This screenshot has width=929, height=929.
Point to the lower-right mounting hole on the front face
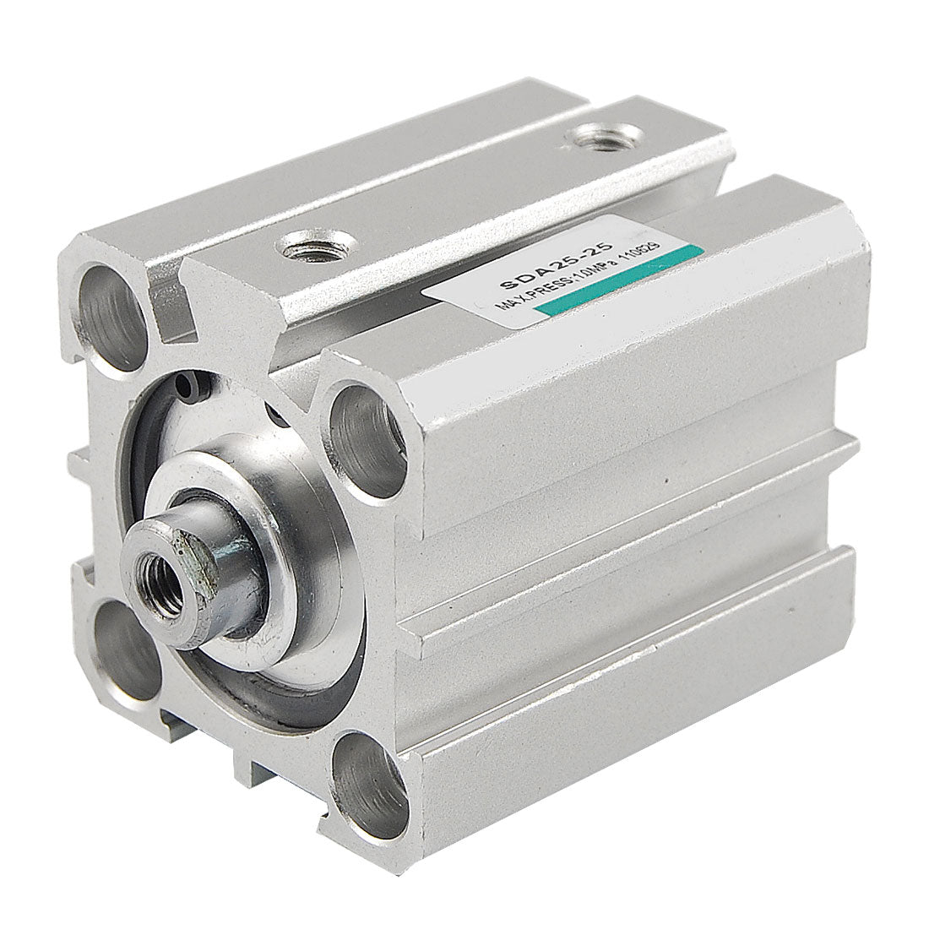tap(369, 785)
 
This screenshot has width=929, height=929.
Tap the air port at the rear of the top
tap(601, 137)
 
